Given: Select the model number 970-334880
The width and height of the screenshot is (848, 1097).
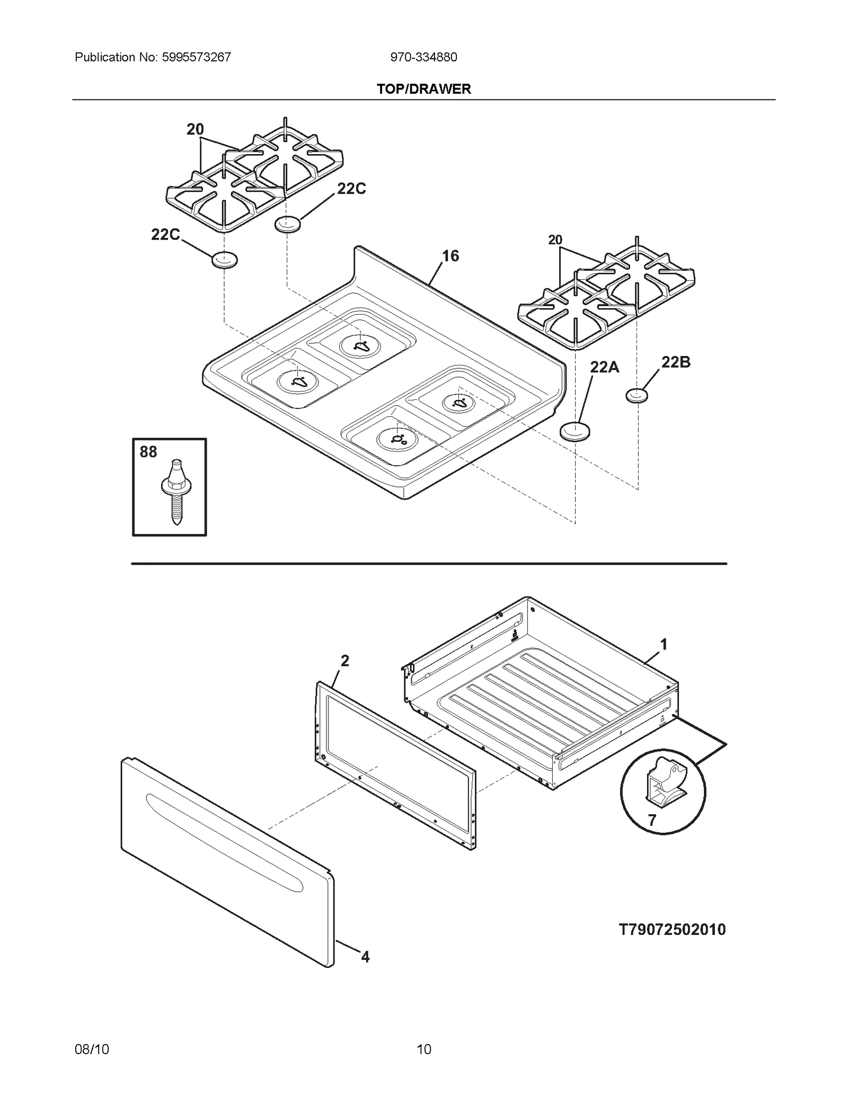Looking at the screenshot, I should coord(423,57).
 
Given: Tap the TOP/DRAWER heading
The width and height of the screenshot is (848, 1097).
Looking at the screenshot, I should coord(423,89).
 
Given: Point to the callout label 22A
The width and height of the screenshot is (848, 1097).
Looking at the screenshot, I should coord(604,367).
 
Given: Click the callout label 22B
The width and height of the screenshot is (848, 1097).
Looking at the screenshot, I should coord(676,362).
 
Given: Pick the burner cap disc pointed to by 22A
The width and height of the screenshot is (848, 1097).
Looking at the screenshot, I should coord(575,431).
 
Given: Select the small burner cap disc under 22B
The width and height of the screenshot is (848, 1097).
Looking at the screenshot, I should coord(637,395).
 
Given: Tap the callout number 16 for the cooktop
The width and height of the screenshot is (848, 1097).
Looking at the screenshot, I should coord(450,256).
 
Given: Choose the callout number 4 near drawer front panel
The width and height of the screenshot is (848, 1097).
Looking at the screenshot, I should coord(365,957).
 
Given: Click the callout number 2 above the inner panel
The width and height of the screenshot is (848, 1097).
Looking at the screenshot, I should coord(344,661).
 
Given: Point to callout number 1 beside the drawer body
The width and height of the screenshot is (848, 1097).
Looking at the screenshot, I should coord(663,645).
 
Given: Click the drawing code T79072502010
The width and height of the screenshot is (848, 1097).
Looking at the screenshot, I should coord(672,930).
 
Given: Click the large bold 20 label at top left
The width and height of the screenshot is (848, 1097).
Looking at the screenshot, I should coord(195,129).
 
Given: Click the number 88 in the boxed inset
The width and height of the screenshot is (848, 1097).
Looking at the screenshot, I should coord(148,452).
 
